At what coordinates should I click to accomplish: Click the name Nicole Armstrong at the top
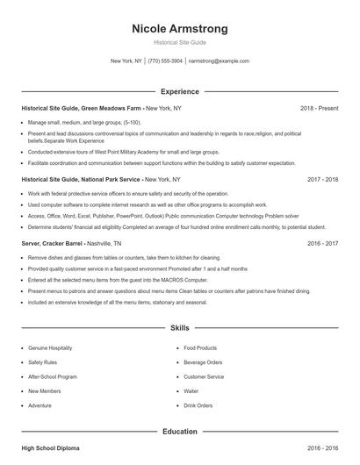pyautogui.click(x=179, y=27)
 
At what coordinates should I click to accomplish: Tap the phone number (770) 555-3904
pyautogui.click(x=165, y=61)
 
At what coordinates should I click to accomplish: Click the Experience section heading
pyautogui.click(x=179, y=91)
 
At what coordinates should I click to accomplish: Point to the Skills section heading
pyautogui.click(x=179, y=328)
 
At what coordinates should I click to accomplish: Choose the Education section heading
pyautogui.click(x=179, y=432)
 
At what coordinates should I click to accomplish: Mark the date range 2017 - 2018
pyautogui.click(x=322, y=178)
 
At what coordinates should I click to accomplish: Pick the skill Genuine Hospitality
pyautogui.click(x=51, y=348)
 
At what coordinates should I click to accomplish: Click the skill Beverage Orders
pyautogui.click(x=204, y=362)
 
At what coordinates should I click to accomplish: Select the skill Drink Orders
pyautogui.click(x=199, y=405)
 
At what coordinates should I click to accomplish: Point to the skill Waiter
pyautogui.click(x=191, y=391)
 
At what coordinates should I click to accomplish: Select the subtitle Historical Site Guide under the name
pyautogui.click(x=179, y=42)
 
